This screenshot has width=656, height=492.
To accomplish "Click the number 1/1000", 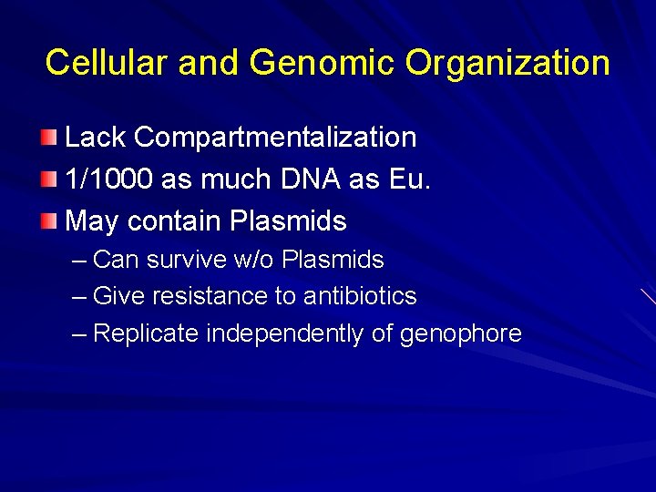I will [x=109, y=179].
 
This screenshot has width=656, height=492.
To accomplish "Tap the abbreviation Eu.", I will [x=410, y=179].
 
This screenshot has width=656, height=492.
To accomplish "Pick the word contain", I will [x=175, y=221].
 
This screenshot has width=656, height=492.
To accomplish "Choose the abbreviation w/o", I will [x=254, y=260].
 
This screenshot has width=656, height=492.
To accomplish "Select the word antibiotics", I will [x=360, y=296].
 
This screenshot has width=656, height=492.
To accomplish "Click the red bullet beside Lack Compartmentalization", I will [x=49, y=138].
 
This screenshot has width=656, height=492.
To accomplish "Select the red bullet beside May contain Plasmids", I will [x=49, y=221].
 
